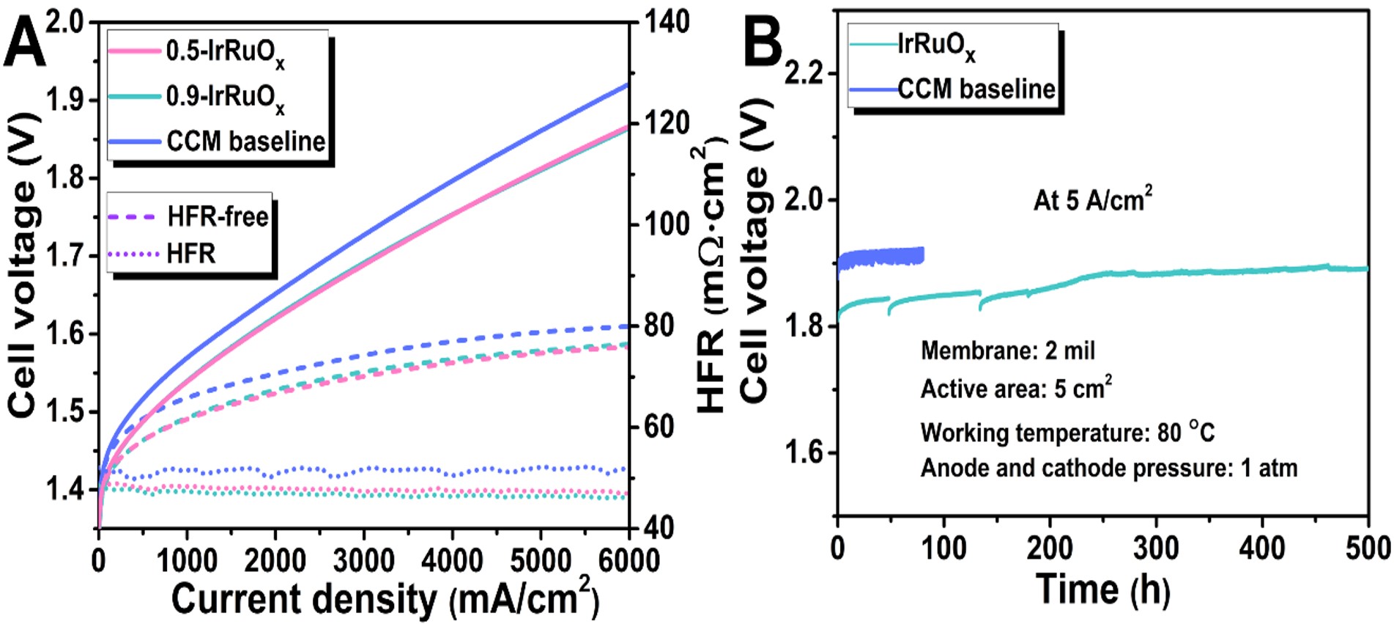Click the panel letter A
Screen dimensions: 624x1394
pos(23,44)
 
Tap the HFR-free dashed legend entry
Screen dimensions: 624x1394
pos(217,217)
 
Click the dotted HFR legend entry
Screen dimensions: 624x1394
pos(190,254)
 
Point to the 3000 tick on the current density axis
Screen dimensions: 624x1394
pos(363,560)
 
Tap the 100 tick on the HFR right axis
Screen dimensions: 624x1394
pos(667,224)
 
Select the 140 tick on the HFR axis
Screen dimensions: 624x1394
pos(667,21)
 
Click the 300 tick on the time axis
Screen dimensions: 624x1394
pos(1156,548)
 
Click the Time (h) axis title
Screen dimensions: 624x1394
pos(1102,589)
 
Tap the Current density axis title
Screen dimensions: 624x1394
pos(385,598)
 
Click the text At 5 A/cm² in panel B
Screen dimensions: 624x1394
pos(1092,199)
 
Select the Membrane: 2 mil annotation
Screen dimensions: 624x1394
pos(1007,350)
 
